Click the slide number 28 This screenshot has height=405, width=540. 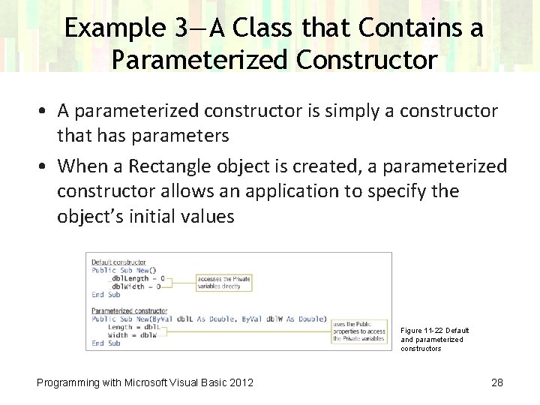click(496, 382)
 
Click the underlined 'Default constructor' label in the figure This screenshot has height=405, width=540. click(118, 262)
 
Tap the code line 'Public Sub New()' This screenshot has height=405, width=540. click(124, 270)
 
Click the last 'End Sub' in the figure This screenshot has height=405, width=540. click(106, 343)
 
